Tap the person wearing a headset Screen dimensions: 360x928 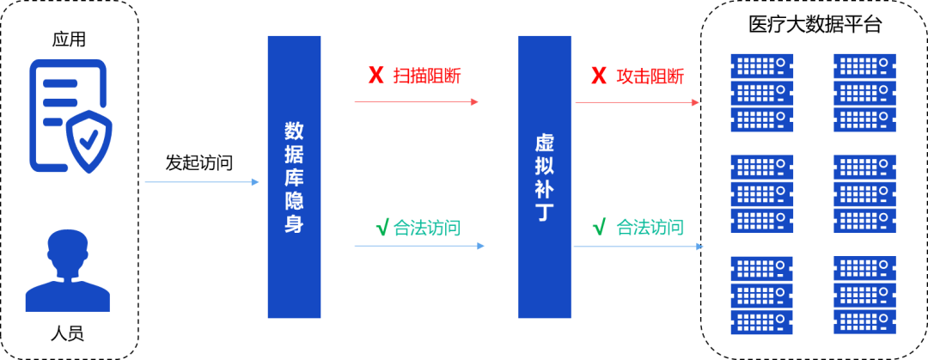pyautogui.click(x=67, y=271)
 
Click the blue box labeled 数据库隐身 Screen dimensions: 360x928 pyautogui.click(x=294, y=177)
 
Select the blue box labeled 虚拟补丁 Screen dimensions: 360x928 pyautogui.click(x=544, y=177)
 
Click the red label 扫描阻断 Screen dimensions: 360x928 pyautogui.click(x=427, y=76)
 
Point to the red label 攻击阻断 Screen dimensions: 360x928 pyautogui.click(x=650, y=76)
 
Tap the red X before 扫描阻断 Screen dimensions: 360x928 pyautogui.click(x=375, y=76)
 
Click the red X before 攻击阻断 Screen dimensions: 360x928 pyautogui.click(x=598, y=76)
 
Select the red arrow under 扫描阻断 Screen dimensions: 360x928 pyautogui.click(x=417, y=101)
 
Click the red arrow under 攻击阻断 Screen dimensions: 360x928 pyautogui.click(x=638, y=101)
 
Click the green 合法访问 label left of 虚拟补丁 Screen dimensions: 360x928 pyautogui.click(x=427, y=228)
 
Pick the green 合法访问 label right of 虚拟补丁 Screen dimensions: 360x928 pyautogui.click(x=650, y=228)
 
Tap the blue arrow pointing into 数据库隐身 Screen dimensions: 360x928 pyautogui.click(x=202, y=182)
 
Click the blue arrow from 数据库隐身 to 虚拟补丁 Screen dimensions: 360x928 pyautogui.click(x=419, y=246)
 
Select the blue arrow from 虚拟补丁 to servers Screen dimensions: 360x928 pyautogui.click(x=638, y=247)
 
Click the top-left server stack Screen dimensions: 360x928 pyautogui.click(x=761, y=93)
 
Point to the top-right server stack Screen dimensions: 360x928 pyautogui.click(x=864, y=93)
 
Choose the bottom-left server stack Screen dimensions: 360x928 pyautogui.click(x=761, y=295)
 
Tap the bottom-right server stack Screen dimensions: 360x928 pyautogui.click(x=864, y=295)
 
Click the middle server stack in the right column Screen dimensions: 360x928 pyautogui.click(x=864, y=194)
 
